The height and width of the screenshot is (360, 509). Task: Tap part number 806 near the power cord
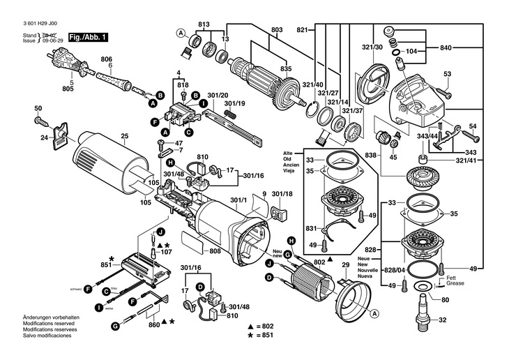pos(106,59)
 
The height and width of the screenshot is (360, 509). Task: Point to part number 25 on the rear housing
pos(125,135)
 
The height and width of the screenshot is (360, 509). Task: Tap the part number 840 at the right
pos(446,47)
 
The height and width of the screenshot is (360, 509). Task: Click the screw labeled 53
pos(447,74)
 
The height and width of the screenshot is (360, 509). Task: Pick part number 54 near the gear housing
pos(473,126)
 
